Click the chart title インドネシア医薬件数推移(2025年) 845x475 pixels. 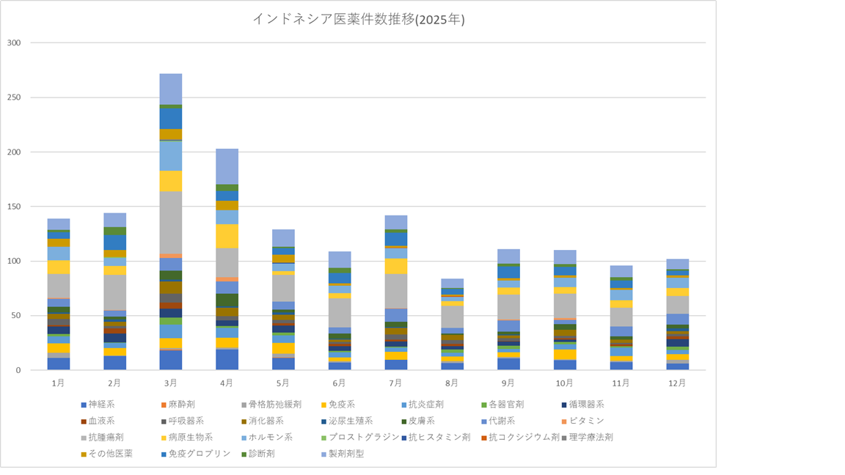[359, 20]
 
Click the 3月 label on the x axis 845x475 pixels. [171, 383]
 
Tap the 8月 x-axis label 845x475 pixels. [453, 383]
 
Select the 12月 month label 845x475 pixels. [678, 383]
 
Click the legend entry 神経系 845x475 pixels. [101, 404]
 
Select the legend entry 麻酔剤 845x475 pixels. [182, 404]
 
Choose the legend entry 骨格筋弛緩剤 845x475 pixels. [275, 404]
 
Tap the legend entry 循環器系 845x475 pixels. [582, 404]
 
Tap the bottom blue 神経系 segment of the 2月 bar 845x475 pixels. [114, 363]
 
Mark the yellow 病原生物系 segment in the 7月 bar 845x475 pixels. [396, 266]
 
